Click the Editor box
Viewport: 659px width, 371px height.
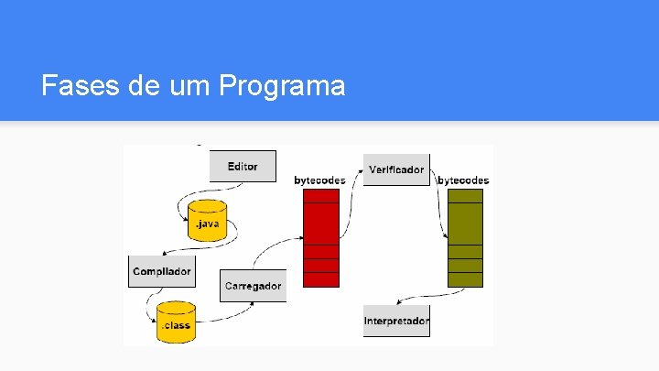point(243,167)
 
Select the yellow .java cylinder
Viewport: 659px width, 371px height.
point(208,220)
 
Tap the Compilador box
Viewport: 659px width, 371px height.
point(162,271)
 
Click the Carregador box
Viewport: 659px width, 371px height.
point(253,286)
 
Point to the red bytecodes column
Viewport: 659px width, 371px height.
point(320,237)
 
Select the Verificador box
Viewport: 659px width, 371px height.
point(396,169)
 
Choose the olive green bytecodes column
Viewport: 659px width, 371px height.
point(465,237)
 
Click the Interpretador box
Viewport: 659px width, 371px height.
point(396,322)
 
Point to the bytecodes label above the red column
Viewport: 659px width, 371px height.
point(319,180)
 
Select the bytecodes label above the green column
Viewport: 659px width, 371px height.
point(464,180)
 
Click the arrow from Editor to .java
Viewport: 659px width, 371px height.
point(183,197)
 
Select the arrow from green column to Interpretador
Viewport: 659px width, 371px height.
point(430,295)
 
